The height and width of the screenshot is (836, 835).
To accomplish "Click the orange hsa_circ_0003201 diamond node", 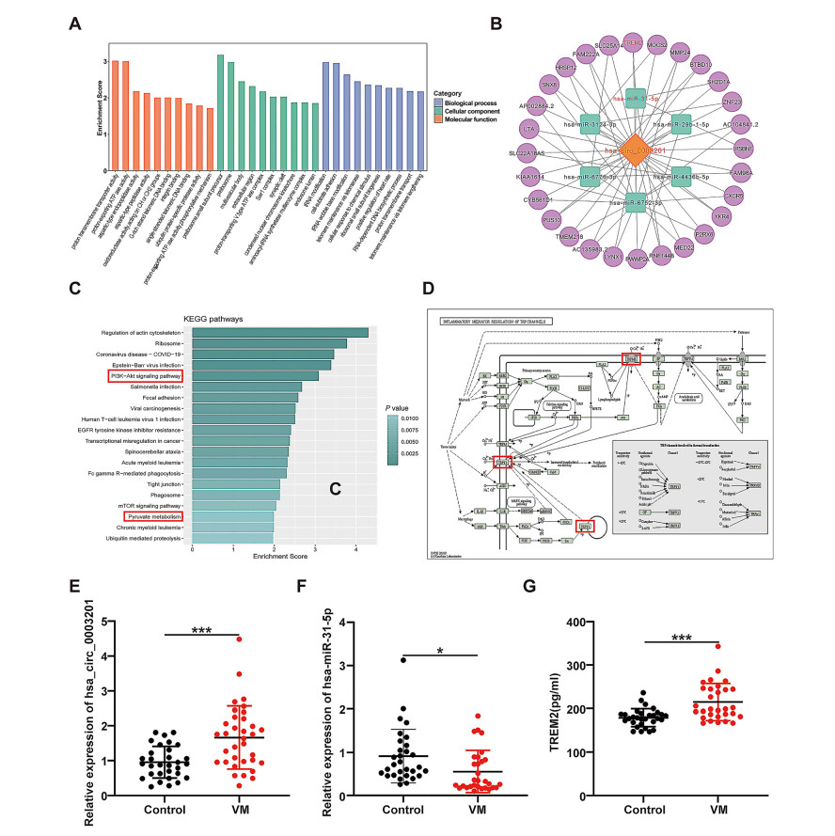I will [635, 151].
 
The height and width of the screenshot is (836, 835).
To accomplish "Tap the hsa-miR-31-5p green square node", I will [635, 97].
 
